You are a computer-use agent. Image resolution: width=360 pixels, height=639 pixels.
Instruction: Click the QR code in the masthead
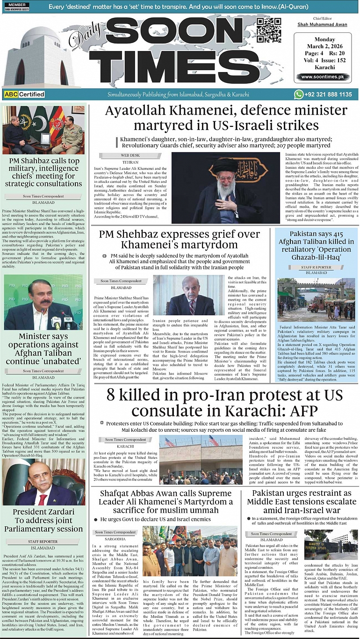tap(269, 30)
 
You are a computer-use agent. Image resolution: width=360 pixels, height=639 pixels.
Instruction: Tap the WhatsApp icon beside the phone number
tap(299, 94)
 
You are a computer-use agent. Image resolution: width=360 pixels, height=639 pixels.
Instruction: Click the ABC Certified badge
tap(24, 94)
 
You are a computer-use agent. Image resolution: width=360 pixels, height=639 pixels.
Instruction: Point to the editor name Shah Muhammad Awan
tap(323, 24)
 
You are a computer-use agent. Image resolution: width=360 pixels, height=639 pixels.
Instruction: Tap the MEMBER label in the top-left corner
tap(17, 4)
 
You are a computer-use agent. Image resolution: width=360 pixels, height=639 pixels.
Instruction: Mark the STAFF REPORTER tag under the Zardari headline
tap(43, 541)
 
